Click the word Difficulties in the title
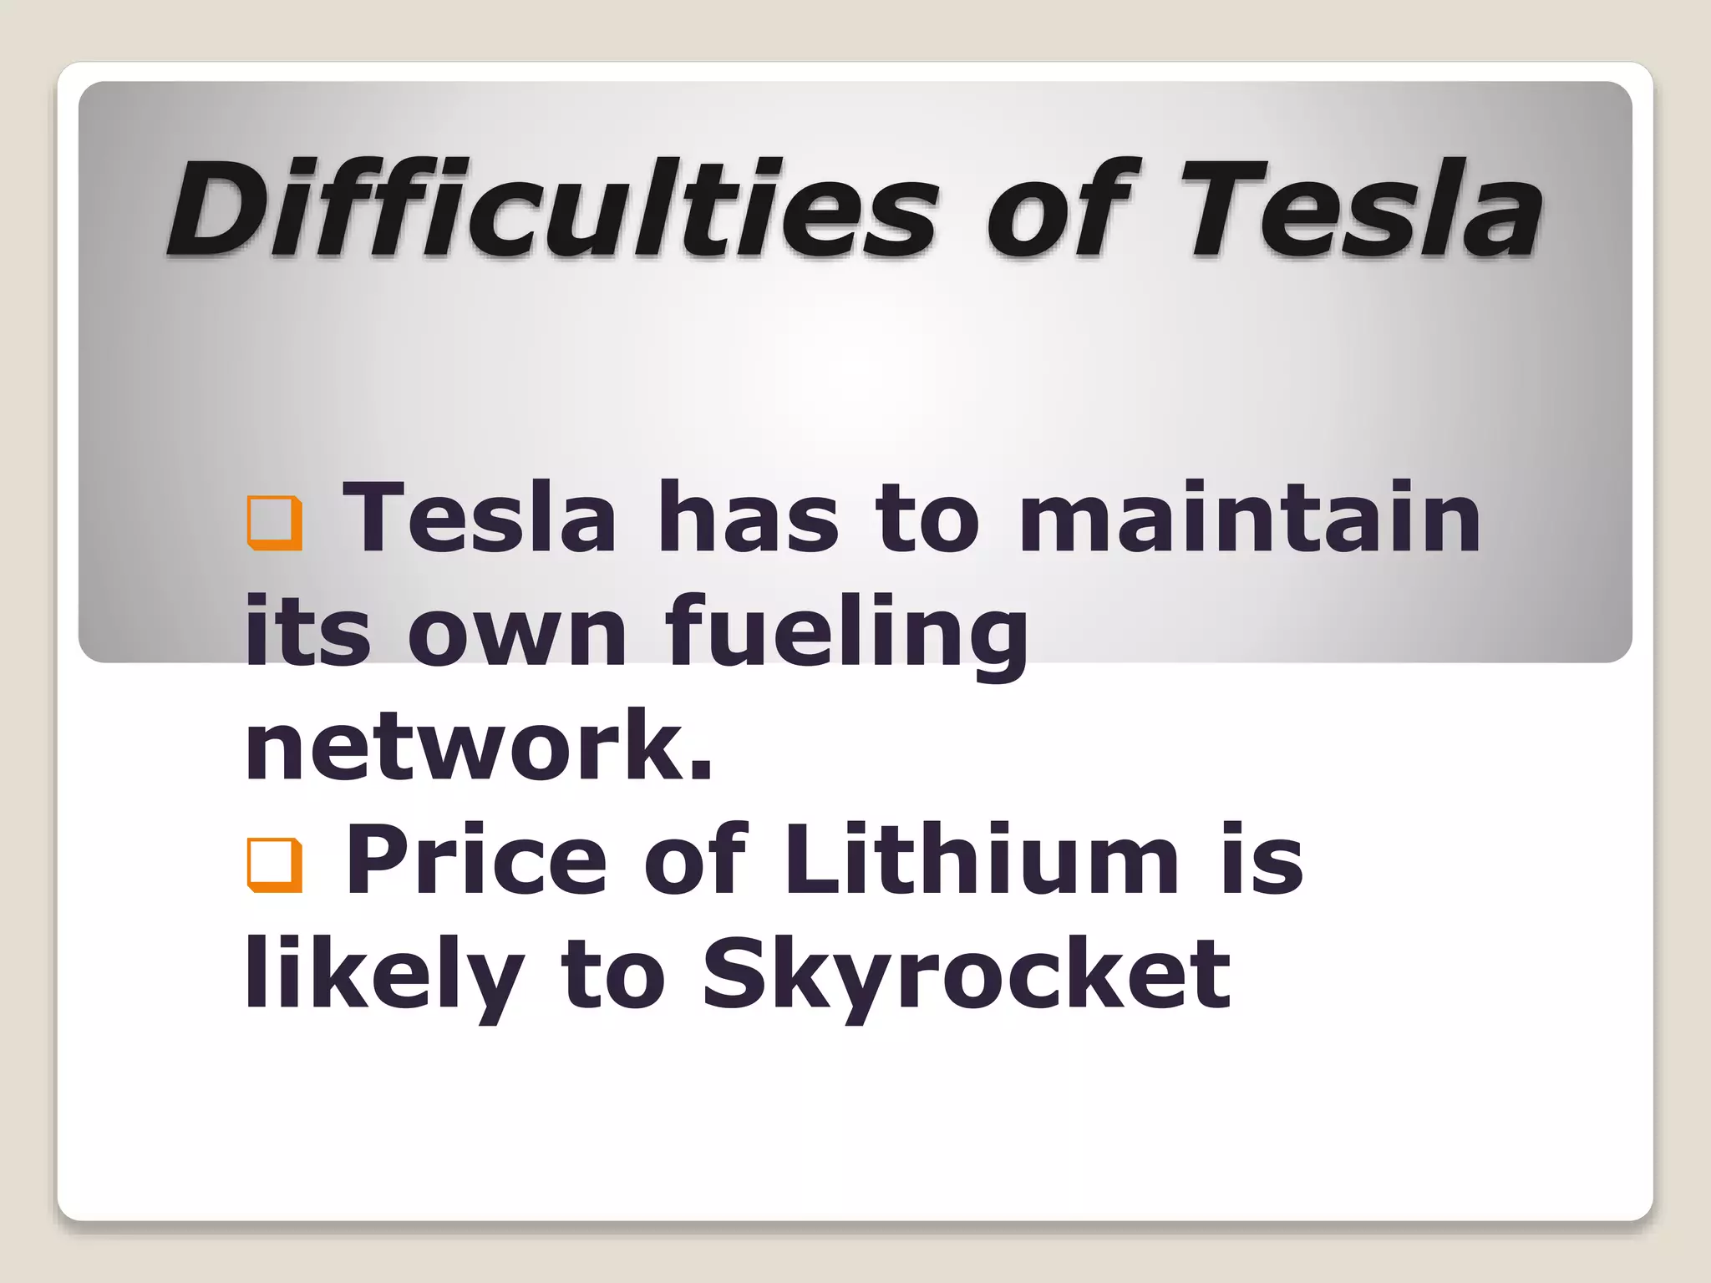click(x=552, y=209)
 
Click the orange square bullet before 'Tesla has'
click(x=274, y=523)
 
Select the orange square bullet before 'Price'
click(x=274, y=865)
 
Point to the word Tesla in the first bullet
click(x=480, y=518)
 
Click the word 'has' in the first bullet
click(x=747, y=518)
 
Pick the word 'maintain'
click(x=1250, y=518)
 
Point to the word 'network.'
click(x=479, y=745)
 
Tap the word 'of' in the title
click(x=1057, y=209)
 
